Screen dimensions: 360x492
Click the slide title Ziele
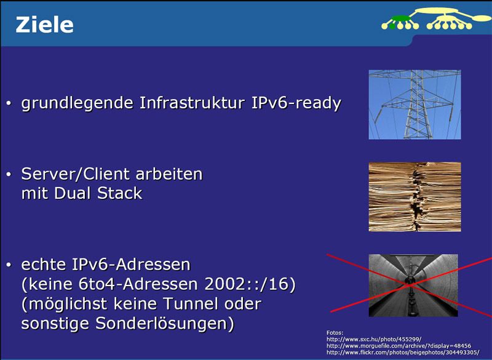coord(44,25)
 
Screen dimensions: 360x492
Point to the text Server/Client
coord(72,174)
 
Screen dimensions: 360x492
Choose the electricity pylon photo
coord(415,104)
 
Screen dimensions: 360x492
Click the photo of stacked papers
coord(415,196)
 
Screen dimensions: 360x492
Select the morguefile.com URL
coord(399,346)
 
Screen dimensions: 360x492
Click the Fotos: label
coord(335,332)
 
